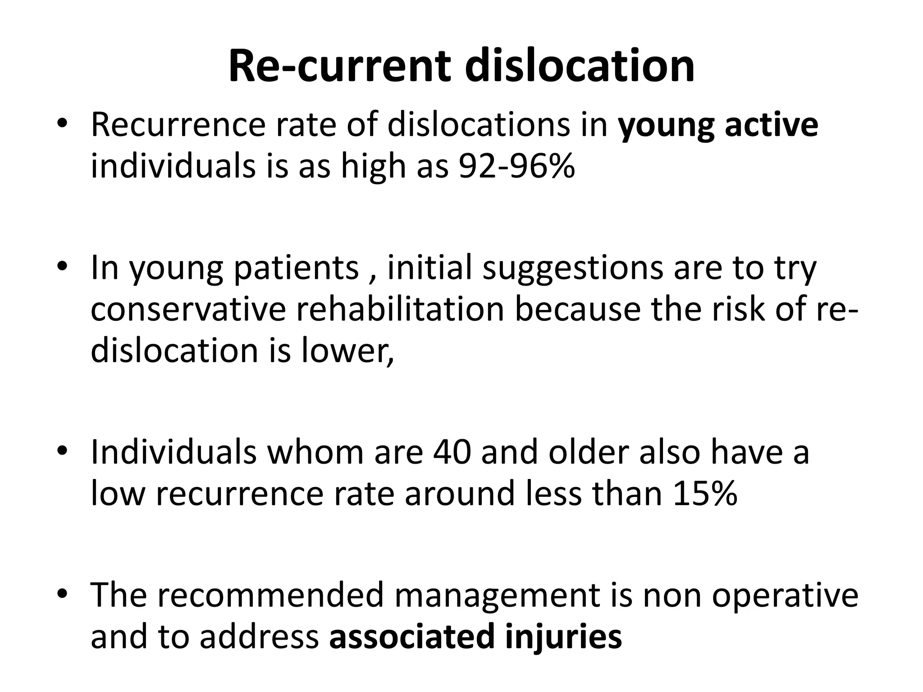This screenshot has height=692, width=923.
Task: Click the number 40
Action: coord(452,452)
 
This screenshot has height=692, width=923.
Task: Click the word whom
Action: coord(315,452)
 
